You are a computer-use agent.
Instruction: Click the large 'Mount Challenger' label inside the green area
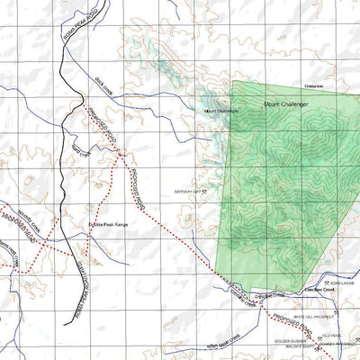[x=286, y=105]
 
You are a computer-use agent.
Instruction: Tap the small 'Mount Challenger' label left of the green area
[x=221, y=111]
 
